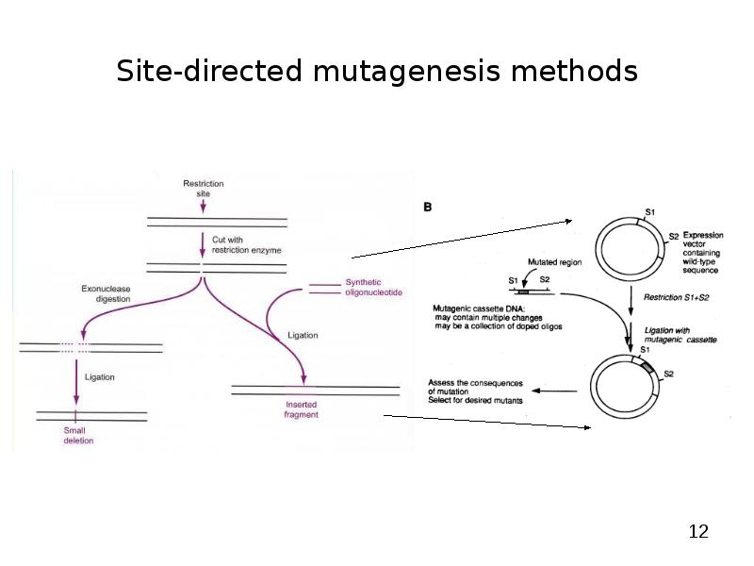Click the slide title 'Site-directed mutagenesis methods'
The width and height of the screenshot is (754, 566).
coord(376,72)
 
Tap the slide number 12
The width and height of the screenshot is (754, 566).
coord(697,532)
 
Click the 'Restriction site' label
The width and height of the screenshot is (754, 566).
coord(203,188)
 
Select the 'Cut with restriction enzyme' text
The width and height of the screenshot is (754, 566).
coord(246,245)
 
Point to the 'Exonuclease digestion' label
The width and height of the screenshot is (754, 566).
coord(106,293)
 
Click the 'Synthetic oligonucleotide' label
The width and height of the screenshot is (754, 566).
coord(373,288)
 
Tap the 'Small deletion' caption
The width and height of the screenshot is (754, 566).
coord(78,435)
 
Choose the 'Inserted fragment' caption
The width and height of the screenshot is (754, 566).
coord(301,409)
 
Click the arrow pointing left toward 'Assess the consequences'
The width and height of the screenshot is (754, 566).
coord(556,391)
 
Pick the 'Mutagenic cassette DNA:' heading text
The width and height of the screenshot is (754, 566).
coord(479,308)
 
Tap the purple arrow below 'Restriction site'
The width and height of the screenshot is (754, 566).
coord(203,205)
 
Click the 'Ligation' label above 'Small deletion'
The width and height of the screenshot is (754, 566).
coord(100,377)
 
